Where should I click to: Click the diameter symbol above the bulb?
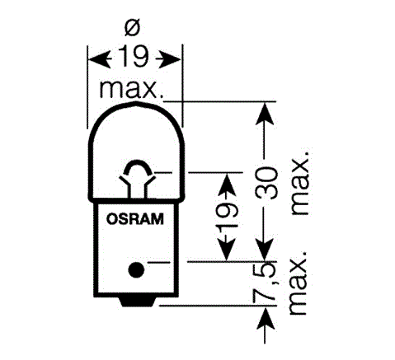click(x=132, y=28)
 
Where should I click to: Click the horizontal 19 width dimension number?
click(x=134, y=57)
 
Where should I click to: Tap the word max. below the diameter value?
click(x=131, y=89)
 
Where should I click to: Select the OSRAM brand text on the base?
click(x=134, y=219)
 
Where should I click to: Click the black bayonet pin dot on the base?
click(x=136, y=270)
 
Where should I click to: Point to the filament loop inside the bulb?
click(x=137, y=167)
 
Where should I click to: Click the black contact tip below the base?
click(x=137, y=302)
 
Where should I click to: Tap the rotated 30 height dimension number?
click(x=266, y=183)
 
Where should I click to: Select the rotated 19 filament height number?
click(x=227, y=217)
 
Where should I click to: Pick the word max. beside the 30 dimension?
click(x=300, y=182)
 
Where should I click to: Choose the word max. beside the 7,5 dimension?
click(x=298, y=283)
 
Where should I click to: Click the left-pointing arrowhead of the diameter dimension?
click(x=100, y=58)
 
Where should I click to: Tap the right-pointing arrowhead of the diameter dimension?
click(x=168, y=58)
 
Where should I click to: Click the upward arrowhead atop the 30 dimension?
click(x=265, y=115)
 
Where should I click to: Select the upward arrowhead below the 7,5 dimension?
click(x=266, y=319)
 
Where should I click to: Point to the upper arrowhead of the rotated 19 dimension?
click(x=227, y=185)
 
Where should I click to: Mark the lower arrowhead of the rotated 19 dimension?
click(x=227, y=249)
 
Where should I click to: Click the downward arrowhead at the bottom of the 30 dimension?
click(x=264, y=249)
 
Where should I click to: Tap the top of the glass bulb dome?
click(x=136, y=103)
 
